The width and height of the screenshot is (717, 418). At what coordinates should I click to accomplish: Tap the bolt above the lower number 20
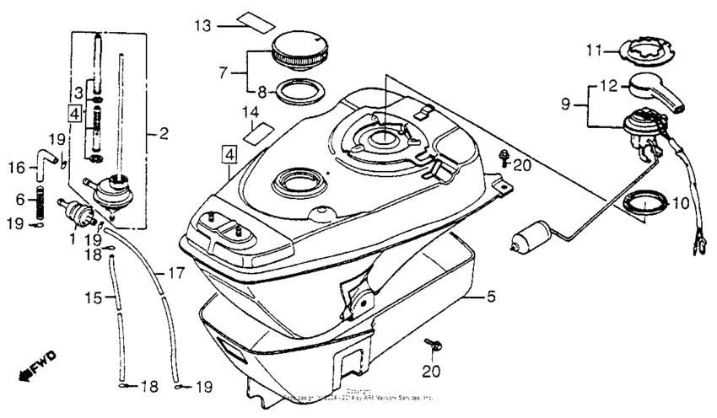click(434, 345)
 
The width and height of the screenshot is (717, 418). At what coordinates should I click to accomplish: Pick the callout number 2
click(164, 132)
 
